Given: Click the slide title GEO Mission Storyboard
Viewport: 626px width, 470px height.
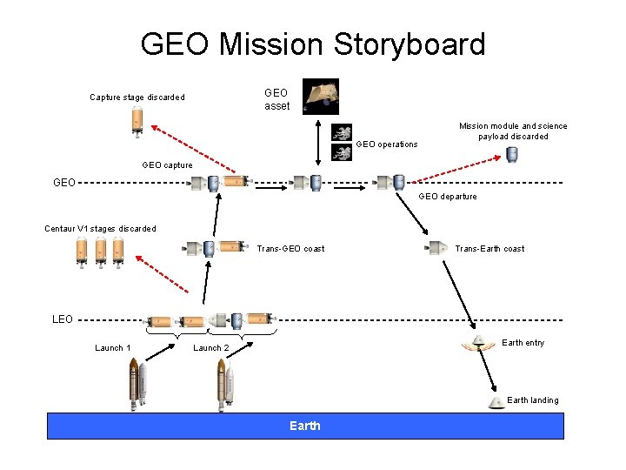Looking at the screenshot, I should pyautogui.click(x=313, y=43).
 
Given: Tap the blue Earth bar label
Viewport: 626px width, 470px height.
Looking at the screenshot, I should pyautogui.click(x=305, y=426).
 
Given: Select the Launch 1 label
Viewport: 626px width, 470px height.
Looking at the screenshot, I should pyautogui.click(x=113, y=348).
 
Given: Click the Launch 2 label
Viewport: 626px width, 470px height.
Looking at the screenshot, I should pyautogui.click(x=211, y=348).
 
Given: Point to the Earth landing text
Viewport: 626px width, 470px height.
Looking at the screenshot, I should pyautogui.click(x=532, y=400).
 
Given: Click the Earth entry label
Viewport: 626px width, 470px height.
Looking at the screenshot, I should pyautogui.click(x=523, y=343).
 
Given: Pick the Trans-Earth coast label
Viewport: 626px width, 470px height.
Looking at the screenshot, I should pyautogui.click(x=489, y=249).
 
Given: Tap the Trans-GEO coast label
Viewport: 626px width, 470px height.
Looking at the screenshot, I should pyautogui.click(x=290, y=249).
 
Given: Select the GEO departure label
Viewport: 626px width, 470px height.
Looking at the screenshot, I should pyautogui.click(x=448, y=197).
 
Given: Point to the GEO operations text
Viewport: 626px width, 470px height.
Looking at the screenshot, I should pyautogui.click(x=387, y=144).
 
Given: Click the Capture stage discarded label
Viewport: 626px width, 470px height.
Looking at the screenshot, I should pyautogui.click(x=137, y=97).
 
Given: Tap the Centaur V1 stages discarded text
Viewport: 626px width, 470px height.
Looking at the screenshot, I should pyautogui.click(x=101, y=229).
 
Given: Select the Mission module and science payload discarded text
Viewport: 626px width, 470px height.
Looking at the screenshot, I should pyautogui.click(x=513, y=131).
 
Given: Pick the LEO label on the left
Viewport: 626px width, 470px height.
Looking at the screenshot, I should pyautogui.click(x=63, y=319).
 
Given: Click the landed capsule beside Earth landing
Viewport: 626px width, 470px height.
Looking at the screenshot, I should pyautogui.click(x=495, y=402).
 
